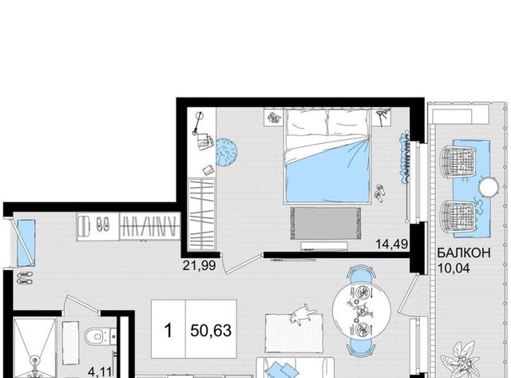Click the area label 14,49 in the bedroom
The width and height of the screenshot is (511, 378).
(x=392, y=244)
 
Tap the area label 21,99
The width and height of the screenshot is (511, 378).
(x=199, y=266)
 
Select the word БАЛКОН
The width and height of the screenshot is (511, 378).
(x=464, y=253)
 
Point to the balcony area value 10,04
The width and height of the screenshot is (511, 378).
(x=454, y=269)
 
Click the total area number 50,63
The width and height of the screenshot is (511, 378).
(x=211, y=330)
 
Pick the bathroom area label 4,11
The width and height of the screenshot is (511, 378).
(x=101, y=372)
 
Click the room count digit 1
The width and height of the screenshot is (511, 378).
(x=168, y=330)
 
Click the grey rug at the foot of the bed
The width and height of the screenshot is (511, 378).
(x=326, y=224)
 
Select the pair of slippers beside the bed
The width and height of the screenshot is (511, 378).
(x=380, y=193)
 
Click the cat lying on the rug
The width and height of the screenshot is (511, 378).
(x=303, y=314)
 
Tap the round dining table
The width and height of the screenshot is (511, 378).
(x=362, y=310)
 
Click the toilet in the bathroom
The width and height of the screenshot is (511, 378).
(x=98, y=336)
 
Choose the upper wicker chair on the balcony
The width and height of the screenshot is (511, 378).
(x=458, y=161)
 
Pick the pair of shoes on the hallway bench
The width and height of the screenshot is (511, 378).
(x=102, y=225)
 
